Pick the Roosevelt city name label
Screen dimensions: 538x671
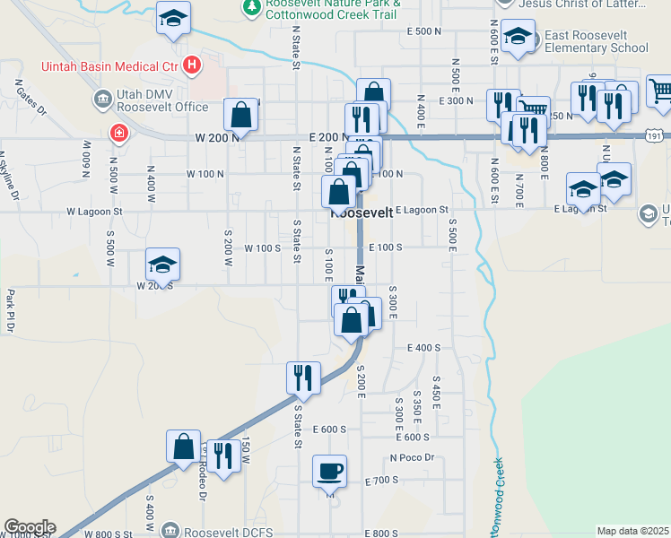(x=362, y=213)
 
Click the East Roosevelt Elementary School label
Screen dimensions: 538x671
(x=596, y=41)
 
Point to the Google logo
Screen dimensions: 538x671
(x=29, y=527)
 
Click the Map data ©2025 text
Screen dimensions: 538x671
(x=633, y=531)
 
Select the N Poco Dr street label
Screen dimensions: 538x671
(x=412, y=457)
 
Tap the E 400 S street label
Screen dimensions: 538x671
(x=424, y=347)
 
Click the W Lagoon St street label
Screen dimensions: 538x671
(x=94, y=212)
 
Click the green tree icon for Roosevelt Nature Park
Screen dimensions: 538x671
(x=251, y=7)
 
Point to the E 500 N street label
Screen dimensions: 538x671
(x=423, y=31)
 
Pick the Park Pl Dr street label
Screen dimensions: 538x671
(x=10, y=310)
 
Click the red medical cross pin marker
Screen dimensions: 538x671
(x=118, y=134)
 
